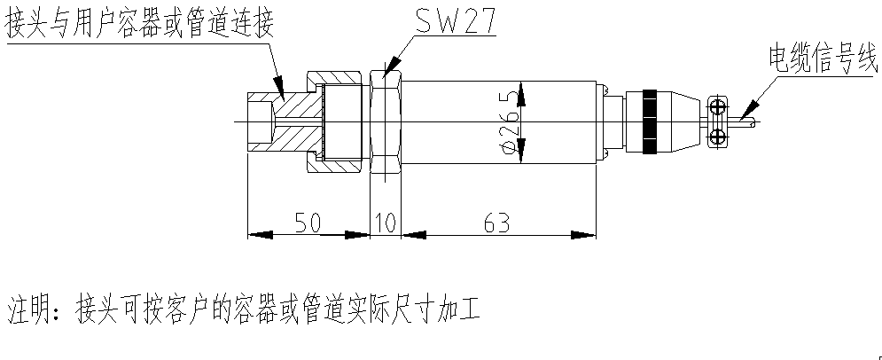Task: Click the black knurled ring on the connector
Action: pyautogui.click(x=652, y=120)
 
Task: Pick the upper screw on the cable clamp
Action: pyautogui.click(x=717, y=106)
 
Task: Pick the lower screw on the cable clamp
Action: pyautogui.click(x=717, y=134)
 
